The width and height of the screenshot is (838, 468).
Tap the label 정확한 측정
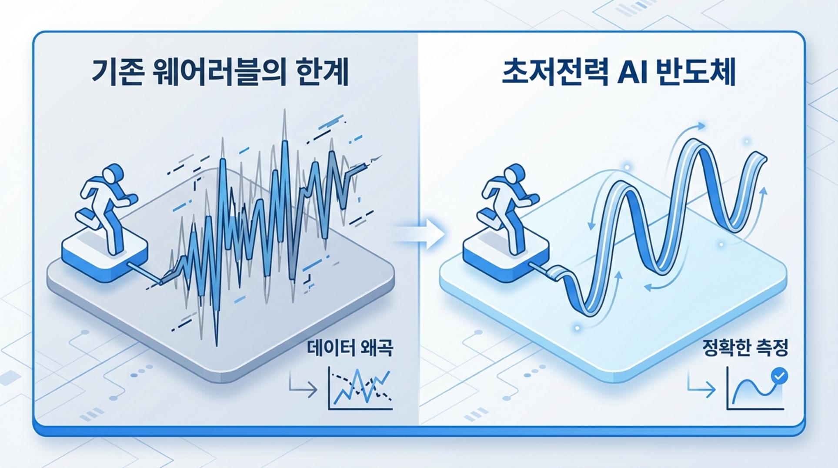pyautogui.click(x=745, y=348)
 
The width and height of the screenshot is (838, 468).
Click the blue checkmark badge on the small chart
pyautogui.click(x=779, y=376)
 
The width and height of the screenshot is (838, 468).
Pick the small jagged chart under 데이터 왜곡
pyautogui.click(x=361, y=388)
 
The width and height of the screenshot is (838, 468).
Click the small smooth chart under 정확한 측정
pyautogui.click(x=756, y=388)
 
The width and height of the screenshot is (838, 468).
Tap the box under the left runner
pyautogui.click(x=105, y=257)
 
